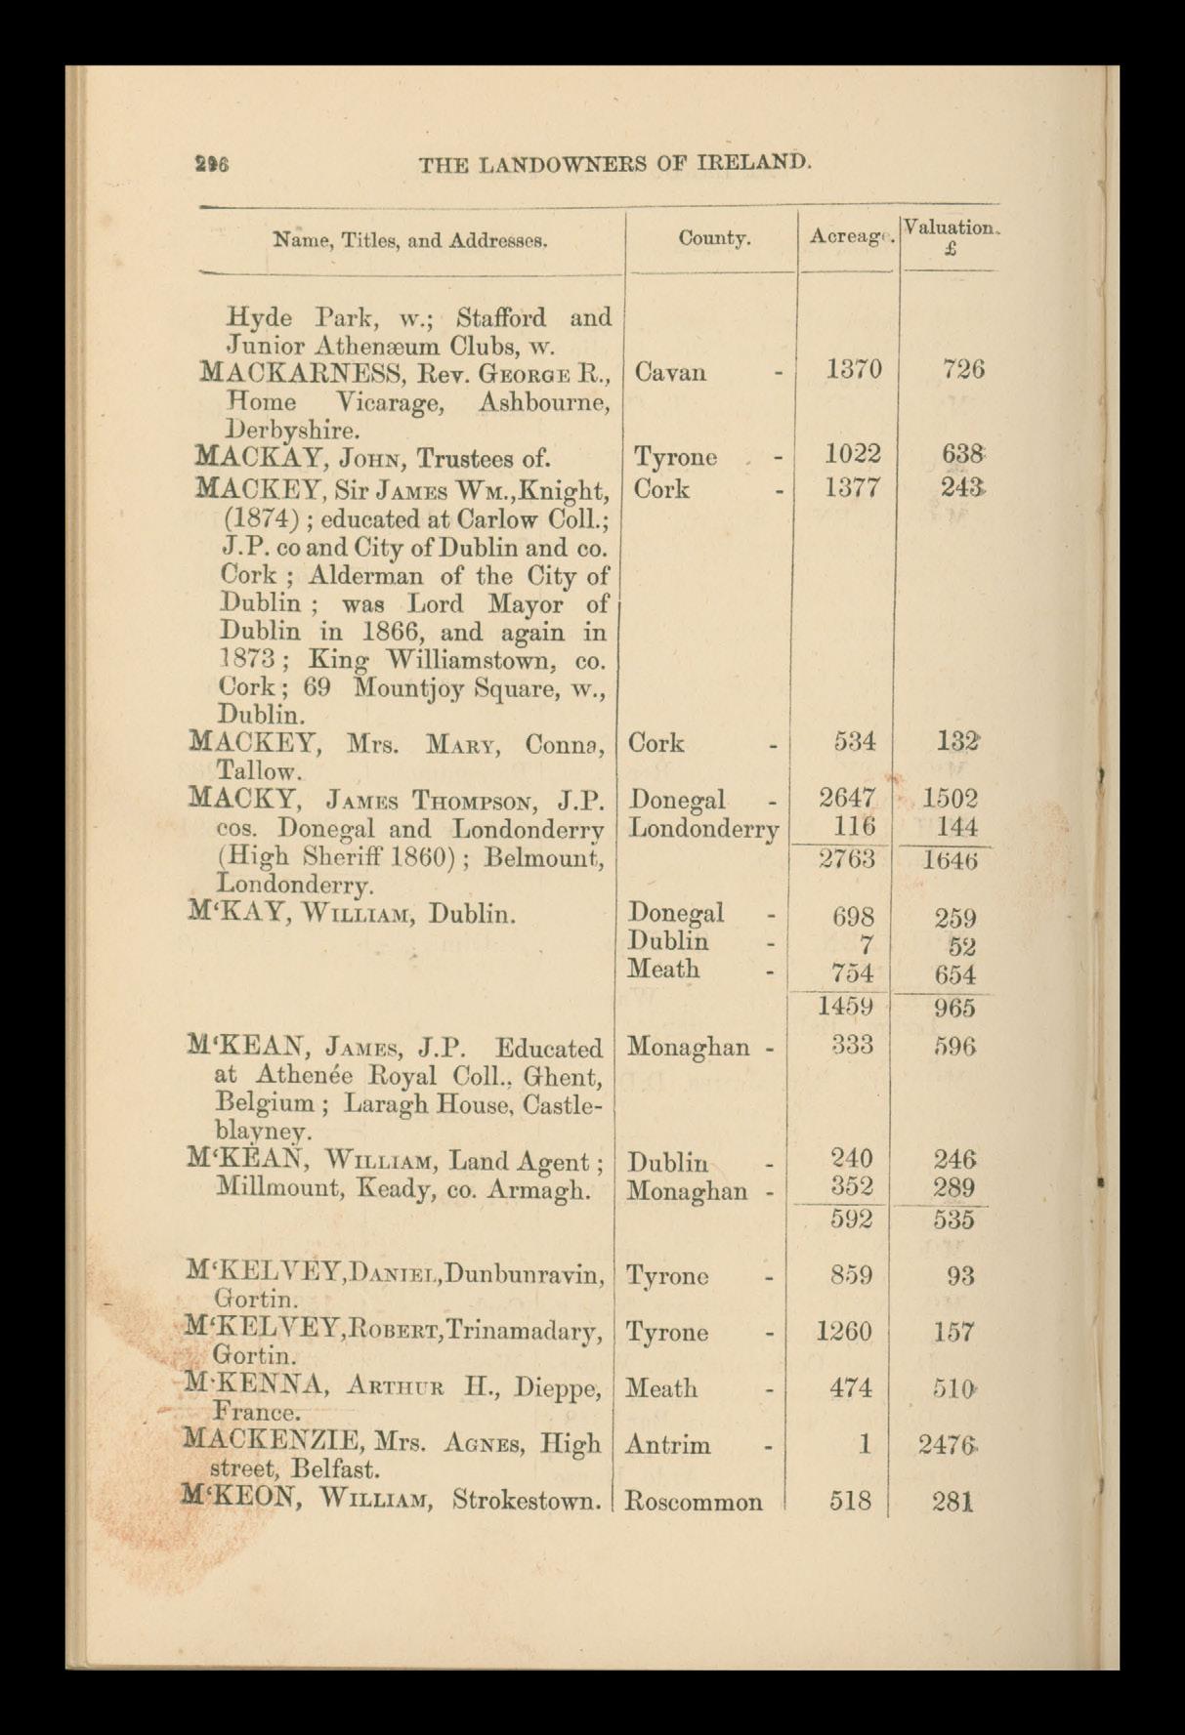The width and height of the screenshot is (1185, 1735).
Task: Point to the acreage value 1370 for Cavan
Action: (853, 369)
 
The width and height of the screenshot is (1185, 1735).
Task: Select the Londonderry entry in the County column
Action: (704, 829)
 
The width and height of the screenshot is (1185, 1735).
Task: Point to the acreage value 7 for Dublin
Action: (867, 945)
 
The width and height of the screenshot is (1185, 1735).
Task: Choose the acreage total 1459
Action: (846, 1007)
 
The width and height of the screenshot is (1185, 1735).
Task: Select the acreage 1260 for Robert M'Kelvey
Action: (844, 1332)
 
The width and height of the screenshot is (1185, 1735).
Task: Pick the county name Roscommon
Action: (694, 1502)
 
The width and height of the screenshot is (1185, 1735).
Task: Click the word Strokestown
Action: (527, 1500)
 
